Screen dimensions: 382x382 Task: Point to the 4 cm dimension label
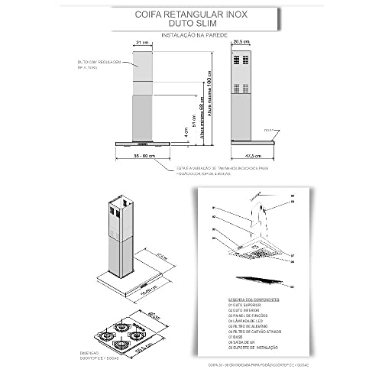pyautogui.click(x=184, y=131)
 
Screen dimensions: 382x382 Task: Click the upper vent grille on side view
pyautogui.click(x=244, y=60)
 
